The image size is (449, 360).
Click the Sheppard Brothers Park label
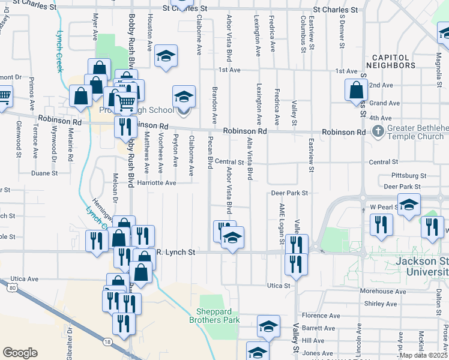click(x=218, y=316)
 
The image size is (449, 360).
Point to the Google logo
click(x=20, y=353)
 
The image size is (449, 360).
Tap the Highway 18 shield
click(x=107, y=341)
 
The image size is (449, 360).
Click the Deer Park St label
click(x=289, y=193)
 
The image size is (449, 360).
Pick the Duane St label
click(x=44, y=173)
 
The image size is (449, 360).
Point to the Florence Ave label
click(x=321, y=315)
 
